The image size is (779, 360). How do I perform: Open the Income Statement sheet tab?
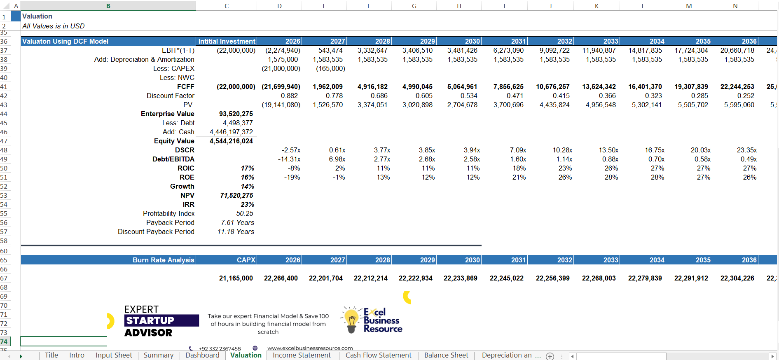[302, 355]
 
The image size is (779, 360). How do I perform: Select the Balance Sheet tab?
[446, 355]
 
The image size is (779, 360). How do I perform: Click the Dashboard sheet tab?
[202, 355]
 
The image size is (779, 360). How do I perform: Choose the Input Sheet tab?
[114, 355]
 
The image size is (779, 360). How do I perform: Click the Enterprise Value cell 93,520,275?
[236, 114]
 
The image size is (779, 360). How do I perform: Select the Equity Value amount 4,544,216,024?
[232, 141]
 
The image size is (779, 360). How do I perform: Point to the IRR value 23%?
[248, 204]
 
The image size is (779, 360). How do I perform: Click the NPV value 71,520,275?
[237, 195]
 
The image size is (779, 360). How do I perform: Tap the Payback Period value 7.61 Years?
[237, 222]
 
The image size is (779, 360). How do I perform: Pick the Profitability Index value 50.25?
[245, 213]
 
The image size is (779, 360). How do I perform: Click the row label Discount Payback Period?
[156, 231]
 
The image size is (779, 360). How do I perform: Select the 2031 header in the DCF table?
[518, 41]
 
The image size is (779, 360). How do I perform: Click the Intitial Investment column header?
[227, 41]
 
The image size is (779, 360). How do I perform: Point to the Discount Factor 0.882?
[289, 96]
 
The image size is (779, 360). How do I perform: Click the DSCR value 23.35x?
[746, 150]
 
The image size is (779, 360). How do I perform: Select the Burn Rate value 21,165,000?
[236, 278]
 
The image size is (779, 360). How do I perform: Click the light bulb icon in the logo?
[351, 320]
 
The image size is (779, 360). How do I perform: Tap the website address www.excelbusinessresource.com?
[310, 348]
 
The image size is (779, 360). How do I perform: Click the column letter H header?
[459, 6]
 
